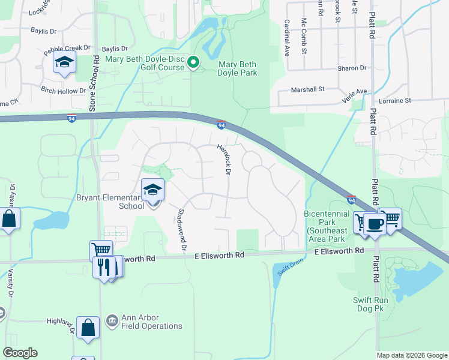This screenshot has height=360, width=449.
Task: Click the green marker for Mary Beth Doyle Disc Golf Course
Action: (x=193, y=62)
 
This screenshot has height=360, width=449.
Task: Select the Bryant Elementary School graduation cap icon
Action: (x=152, y=191)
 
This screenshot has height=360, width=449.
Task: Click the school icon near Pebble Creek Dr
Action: (x=64, y=62)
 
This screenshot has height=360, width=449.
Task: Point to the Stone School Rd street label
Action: (x=93, y=83)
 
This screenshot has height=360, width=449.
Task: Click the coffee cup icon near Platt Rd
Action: (x=375, y=224)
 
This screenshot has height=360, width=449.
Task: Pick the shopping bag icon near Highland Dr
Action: (x=88, y=328)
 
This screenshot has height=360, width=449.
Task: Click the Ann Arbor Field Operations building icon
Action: (x=111, y=321)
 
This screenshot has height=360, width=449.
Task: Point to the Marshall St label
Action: (x=307, y=89)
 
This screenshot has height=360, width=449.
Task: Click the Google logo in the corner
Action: (x=20, y=353)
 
